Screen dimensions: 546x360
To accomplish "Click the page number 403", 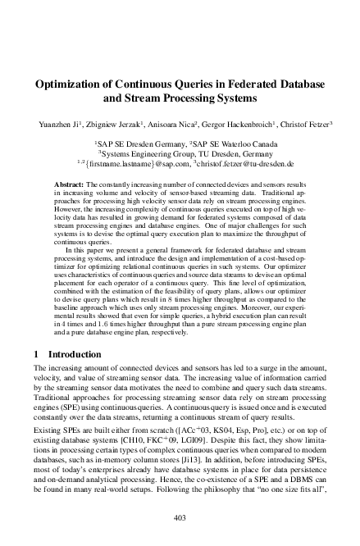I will tap(180, 517).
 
